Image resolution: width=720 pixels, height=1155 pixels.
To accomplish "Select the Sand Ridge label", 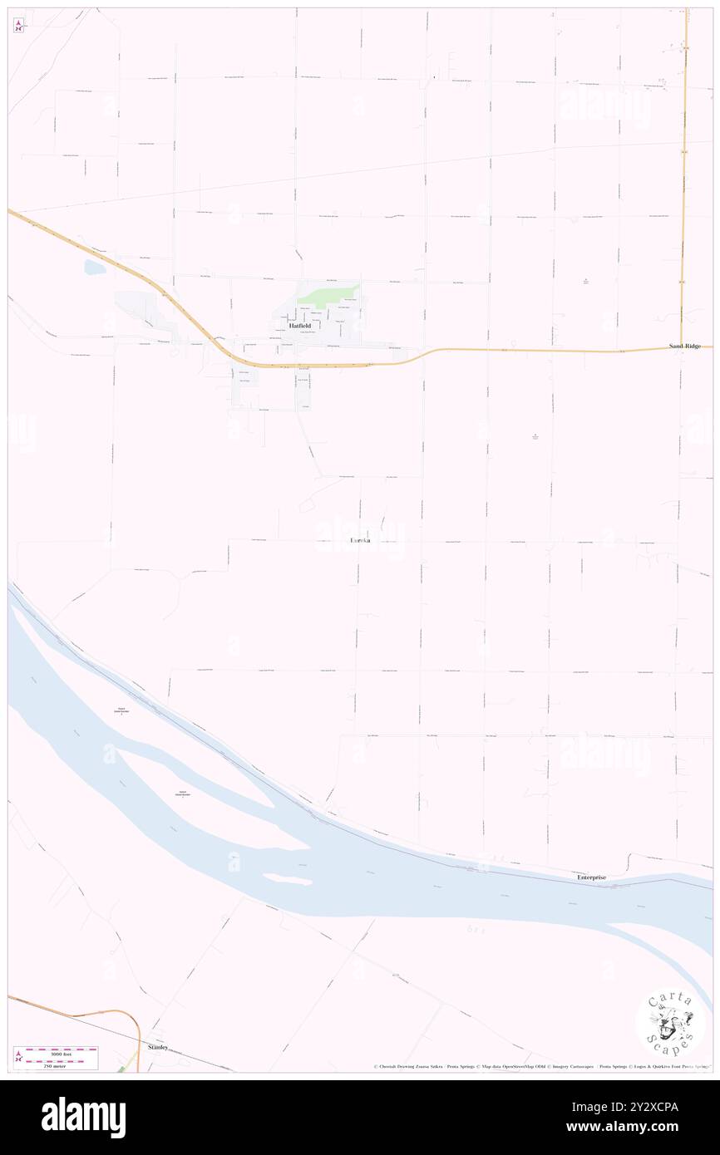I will [x=687, y=345].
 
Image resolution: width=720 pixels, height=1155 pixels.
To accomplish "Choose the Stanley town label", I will [x=158, y=1047].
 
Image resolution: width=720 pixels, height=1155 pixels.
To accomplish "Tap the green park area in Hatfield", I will [x=328, y=293].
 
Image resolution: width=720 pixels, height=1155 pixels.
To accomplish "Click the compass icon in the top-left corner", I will [x=18, y=25].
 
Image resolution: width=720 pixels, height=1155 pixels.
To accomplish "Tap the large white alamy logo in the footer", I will [x=83, y=1117].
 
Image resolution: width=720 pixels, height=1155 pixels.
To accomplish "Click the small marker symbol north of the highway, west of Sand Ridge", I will [x=585, y=280].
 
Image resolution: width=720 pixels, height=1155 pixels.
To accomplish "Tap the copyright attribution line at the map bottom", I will [x=540, y=1066].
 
